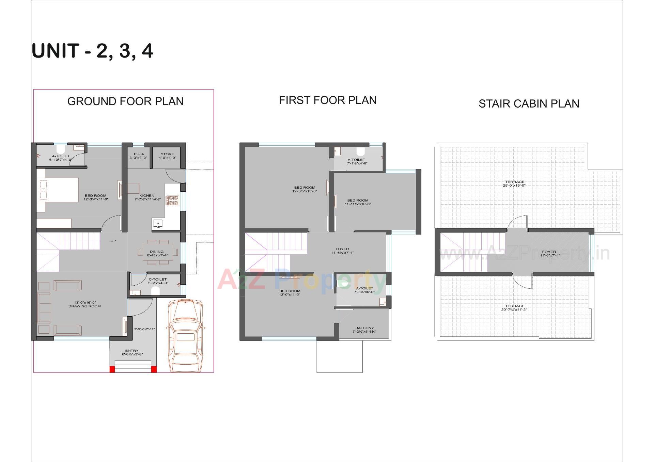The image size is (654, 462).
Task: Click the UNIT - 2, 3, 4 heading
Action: tap(92, 51)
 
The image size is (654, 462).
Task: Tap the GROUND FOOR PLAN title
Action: tap(125, 101)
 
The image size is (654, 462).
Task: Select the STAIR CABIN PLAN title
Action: tap(529, 103)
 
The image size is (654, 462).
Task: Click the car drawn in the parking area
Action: tap(185, 335)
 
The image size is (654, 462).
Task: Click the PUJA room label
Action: tap(138, 156)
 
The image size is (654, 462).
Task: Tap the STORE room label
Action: tap(167, 156)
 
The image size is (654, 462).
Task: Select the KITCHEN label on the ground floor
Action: tap(147, 197)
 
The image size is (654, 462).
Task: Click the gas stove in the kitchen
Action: tap(172, 200)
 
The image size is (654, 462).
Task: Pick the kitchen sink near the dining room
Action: tap(157, 224)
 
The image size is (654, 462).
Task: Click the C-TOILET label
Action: tap(158, 281)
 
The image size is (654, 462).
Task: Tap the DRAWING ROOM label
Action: tap(84, 304)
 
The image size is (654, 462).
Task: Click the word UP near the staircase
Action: tap(113, 241)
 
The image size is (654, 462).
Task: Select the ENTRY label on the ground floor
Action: tap(132, 352)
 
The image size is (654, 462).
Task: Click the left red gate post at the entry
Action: tap(112, 369)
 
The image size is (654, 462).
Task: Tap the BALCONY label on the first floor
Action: tap(364, 330)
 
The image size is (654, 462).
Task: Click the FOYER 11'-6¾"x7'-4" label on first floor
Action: tap(342, 251)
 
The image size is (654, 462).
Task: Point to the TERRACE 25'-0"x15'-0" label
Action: tap(514, 184)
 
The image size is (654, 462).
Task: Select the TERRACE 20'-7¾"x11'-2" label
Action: tap(514, 308)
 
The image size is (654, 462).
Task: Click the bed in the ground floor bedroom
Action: tap(58, 190)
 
